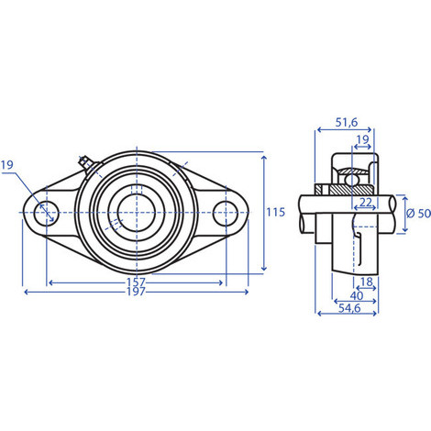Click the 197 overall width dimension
[136, 292]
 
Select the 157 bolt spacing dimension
[136, 282]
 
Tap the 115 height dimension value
[275, 212]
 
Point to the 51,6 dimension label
[347, 122]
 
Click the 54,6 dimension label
[349, 308]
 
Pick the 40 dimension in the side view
[357, 295]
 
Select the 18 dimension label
[367, 282]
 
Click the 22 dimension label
[365, 202]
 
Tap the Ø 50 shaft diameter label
[418, 214]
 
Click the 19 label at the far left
[7, 165]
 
